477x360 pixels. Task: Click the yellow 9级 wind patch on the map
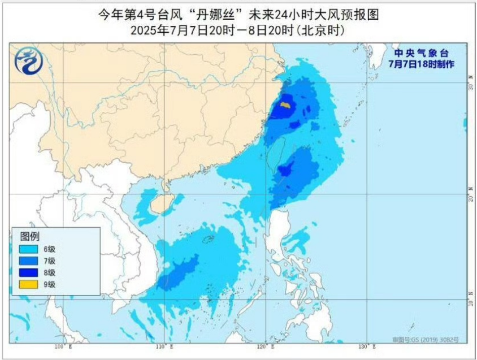pos(285,106)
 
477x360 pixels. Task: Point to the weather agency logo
pos(29,60)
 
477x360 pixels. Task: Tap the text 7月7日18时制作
pos(421,64)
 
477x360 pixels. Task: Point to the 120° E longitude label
pos(265,347)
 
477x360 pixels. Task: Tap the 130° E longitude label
pos(366,347)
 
